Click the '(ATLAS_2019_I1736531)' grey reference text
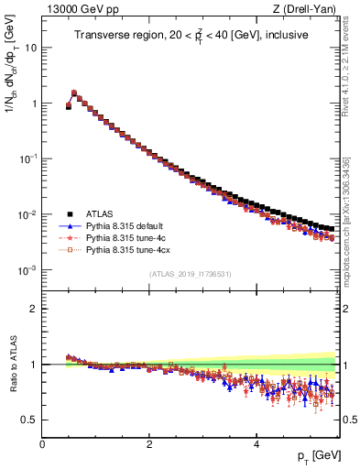[191, 274]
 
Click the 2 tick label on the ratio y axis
[34, 309]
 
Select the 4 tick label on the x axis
[256, 444]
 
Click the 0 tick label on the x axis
[42, 444]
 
